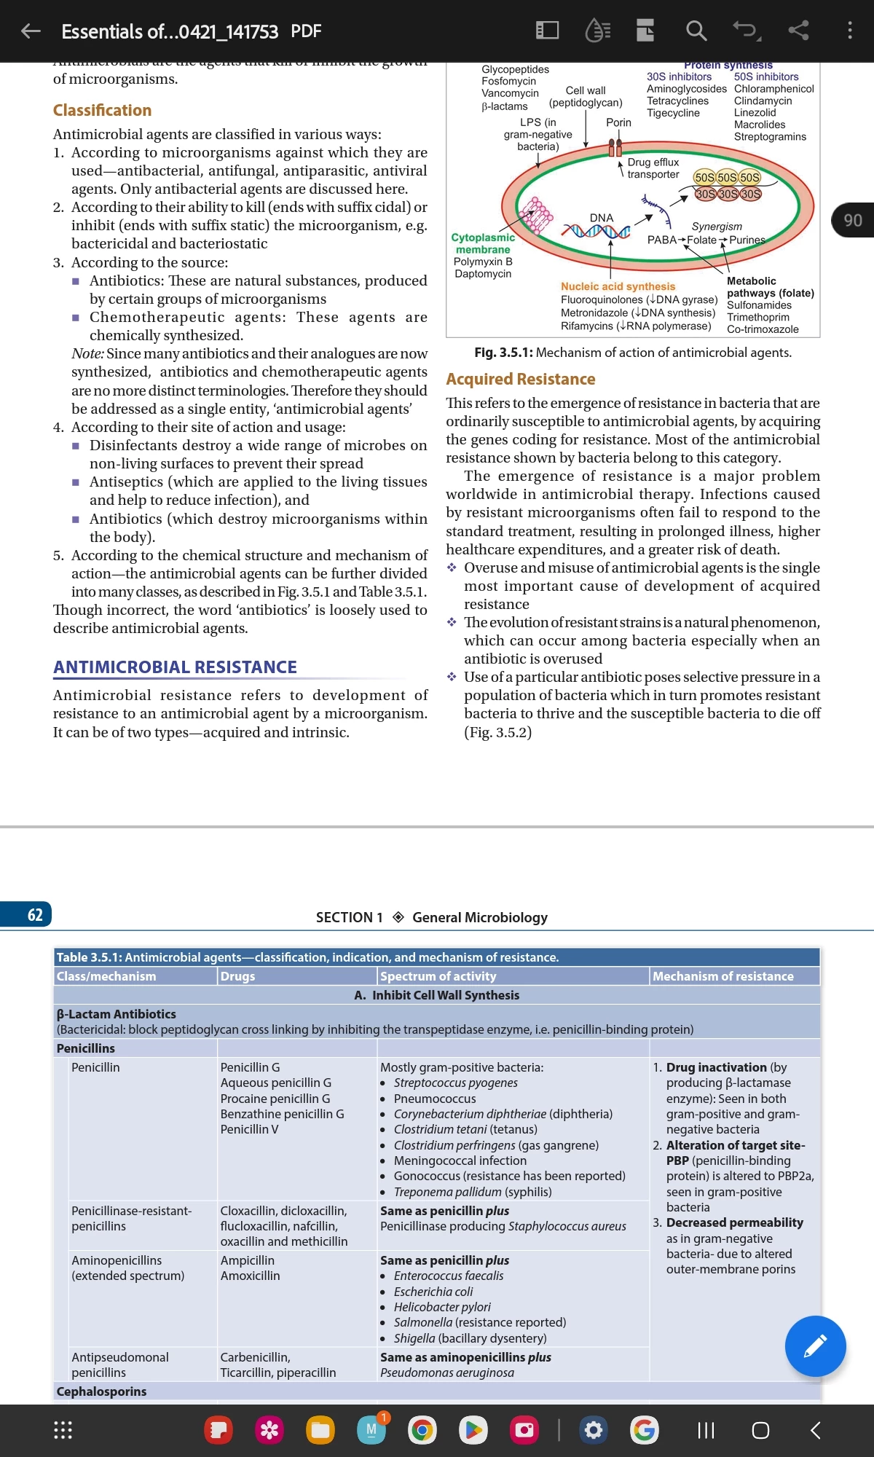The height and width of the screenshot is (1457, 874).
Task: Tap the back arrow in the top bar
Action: [x=31, y=31]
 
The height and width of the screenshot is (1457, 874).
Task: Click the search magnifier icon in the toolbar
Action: [x=696, y=31]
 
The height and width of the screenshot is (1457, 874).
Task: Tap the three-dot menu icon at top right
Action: [x=849, y=31]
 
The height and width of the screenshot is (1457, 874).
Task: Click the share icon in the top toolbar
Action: [x=798, y=31]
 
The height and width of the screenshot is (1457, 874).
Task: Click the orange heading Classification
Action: [x=102, y=110]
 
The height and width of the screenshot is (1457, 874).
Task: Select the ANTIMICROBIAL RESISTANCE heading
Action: [x=175, y=667]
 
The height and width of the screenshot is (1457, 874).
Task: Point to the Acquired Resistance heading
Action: [x=520, y=379]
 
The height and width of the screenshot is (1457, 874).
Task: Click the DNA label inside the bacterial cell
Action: [x=602, y=218]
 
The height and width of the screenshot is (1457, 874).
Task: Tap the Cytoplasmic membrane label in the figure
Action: [x=483, y=243]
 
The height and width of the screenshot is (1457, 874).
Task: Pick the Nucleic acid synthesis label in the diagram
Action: [x=618, y=286]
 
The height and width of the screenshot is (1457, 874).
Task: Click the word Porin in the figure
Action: [x=618, y=122]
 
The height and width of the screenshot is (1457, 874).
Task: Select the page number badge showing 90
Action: [x=853, y=220]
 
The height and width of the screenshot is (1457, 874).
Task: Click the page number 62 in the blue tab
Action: [x=35, y=915]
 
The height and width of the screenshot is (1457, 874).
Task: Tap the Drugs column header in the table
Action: [x=238, y=976]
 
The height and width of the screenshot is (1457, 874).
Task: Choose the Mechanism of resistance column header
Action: [x=723, y=976]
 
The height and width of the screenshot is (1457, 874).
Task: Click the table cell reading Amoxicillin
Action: [x=250, y=1276]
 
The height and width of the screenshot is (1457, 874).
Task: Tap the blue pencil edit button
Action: [x=815, y=1346]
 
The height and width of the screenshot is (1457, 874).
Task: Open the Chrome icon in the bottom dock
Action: [x=422, y=1430]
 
